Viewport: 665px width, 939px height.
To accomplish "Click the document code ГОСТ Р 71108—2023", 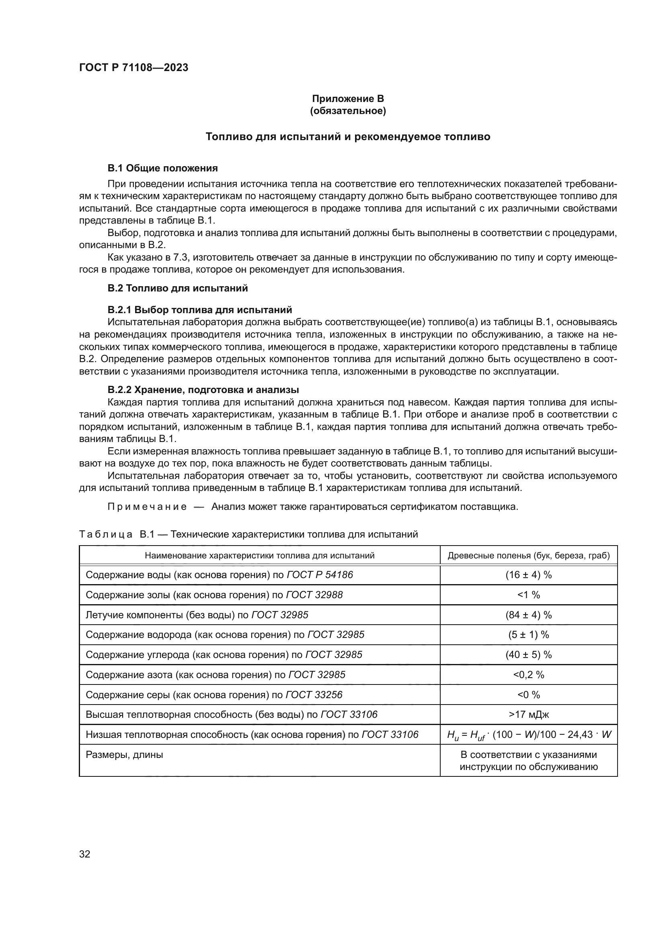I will pyautogui.click(x=133, y=67).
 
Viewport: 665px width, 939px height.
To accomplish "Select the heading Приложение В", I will pyautogui.click(x=348, y=99).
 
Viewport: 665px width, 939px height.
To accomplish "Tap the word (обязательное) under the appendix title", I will pyautogui.click(x=348, y=111).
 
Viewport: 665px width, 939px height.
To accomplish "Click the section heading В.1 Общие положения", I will pyautogui.click(x=162, y=168).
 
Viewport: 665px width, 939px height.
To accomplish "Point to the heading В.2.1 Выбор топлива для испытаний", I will pyautogui.click(x=200, y=310).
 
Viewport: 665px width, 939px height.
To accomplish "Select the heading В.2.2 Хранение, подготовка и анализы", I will pyautogui.click(x=203, y=389).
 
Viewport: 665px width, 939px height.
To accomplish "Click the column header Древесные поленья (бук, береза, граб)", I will pyautogui.click(x=528, y=555).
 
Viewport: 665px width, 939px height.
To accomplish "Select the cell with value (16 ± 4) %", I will pyautogui.click(x=528, y=575).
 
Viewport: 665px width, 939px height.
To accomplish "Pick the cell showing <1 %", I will pyautogui.click(x=528, y=595).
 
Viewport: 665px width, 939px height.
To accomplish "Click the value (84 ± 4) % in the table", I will pyautogui.click(x=528, y=615).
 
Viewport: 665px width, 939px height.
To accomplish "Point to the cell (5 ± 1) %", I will pyautogui.click(x=528, y=635).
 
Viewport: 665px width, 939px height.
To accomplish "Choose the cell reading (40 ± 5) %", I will pyautogui.click(x=528, y=655).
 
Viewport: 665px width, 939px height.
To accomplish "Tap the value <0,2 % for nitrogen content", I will pyautogui.click(x=528, y=675).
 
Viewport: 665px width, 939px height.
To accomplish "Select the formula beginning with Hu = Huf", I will pyautogui.click(x=528, y=735).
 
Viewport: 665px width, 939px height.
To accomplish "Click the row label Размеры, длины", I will pyautogui.click(x=124, y=755).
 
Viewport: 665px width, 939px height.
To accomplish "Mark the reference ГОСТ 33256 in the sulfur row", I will pyautogui.click(x=314, y=695).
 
